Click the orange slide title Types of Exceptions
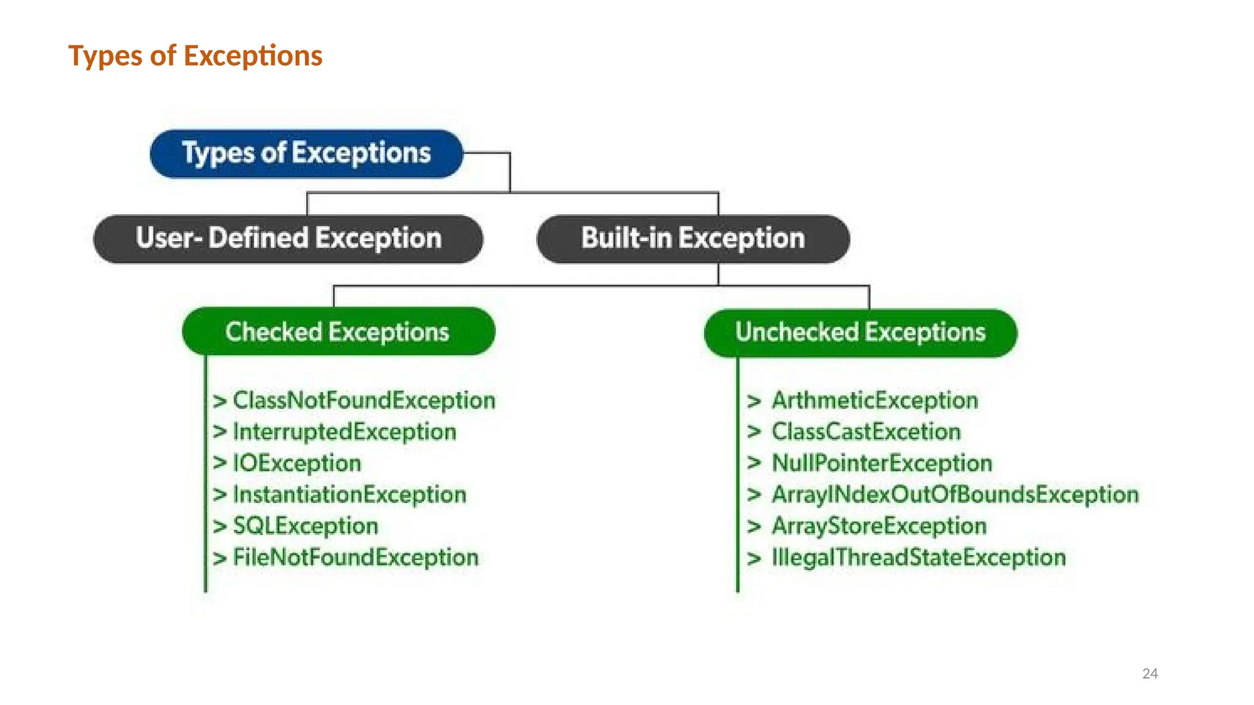coord(195,56)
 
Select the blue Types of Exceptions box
coord(306,153)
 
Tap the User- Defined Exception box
coord(288,239)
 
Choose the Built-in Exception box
coord(693,239)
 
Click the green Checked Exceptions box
coord(338,332)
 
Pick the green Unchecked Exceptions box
coord(860,332)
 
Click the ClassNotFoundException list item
coord(364,401)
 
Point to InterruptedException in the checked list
coord(345,432)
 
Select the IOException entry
coord(297,463)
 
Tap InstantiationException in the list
coord(350,494)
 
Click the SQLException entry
coord(306,526)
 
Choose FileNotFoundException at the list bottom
coord(356,558)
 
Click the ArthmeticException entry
coord(874,401)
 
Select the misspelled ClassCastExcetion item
coord(866,432)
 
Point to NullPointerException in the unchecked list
coord(882,463)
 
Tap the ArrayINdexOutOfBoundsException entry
coord(955,494)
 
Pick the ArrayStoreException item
coord(879,526)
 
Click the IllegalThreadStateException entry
coord(918,558)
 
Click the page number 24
coord(1150,674)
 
